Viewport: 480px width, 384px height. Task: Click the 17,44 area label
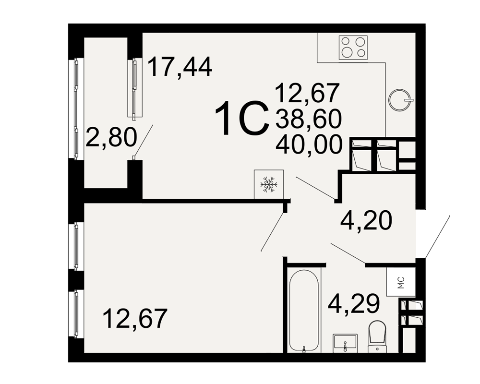pos(180,68)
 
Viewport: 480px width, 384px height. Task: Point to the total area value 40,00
pos(309,145)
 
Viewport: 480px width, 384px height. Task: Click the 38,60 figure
pos(309,119)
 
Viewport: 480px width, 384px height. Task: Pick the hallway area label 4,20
pos(366,221)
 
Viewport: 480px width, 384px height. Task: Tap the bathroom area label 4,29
pos(354,303)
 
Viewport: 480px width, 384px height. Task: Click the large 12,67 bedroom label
pos(136,318)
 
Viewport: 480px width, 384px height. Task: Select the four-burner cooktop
pos(353,48)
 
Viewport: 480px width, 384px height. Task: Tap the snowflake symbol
pos(269,184)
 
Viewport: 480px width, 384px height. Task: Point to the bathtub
pos(304,311)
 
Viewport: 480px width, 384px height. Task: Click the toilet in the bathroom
pos(377,336)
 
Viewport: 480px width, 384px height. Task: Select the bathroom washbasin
pos(345,342)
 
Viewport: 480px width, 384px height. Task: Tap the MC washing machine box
pos(401,282)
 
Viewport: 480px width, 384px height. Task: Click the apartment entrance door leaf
pos(437,236)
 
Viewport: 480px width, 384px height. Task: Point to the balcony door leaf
pos(143,141)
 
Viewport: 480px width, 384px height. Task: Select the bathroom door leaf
pos(348,253)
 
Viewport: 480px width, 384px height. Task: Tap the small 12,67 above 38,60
pos(308,93)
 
